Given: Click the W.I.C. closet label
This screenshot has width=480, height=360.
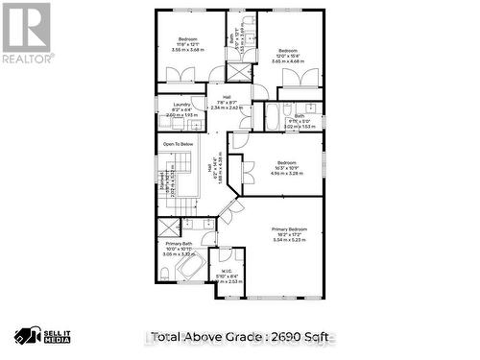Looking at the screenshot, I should (227, 271).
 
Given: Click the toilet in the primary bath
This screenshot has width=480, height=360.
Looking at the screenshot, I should (166, 276).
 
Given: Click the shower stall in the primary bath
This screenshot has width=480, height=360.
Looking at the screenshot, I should (168, 227).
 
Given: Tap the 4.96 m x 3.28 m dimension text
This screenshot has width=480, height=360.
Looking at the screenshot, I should (288, 175).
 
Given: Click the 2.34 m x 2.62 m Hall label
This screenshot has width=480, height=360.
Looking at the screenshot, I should (227, 108).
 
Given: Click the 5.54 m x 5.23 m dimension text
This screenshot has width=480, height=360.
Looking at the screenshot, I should (290, 240).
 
